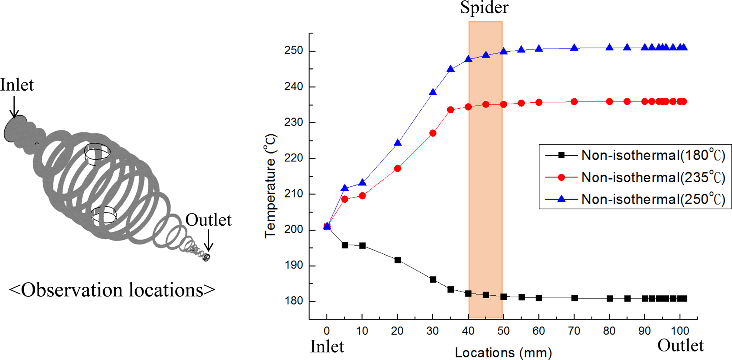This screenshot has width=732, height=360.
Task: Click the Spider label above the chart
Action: [484, 7]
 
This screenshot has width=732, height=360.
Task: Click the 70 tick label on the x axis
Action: [574, 331]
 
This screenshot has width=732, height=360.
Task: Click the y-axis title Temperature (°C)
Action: [270, 186]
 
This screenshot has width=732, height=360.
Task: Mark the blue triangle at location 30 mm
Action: [433, 92]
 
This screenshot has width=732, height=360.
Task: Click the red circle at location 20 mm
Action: [397, 168]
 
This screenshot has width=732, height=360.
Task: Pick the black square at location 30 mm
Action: [433, 280]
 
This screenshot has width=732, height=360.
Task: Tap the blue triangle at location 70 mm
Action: [574, 48]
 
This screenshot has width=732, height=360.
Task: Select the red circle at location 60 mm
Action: [539, 103]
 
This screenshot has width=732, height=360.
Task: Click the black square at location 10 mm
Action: [362, 246]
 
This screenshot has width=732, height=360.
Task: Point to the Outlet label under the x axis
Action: [680, 346]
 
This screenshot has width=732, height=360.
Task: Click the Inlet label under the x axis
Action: [327, 347]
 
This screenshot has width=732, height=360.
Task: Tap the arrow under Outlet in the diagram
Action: [209, 240]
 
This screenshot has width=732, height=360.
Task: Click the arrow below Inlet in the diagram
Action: [14, 107]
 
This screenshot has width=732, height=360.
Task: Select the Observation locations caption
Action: [112, 290]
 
